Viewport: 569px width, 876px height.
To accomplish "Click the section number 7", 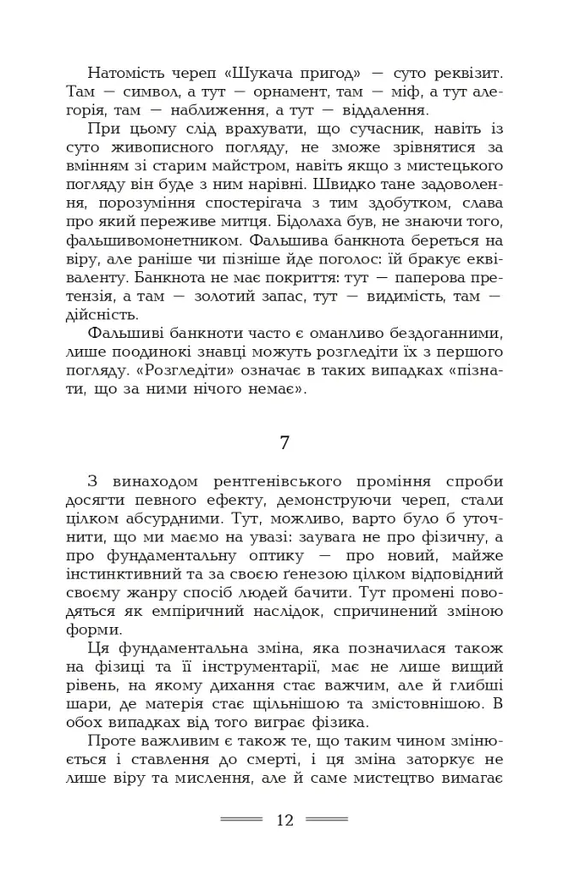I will point(285,442).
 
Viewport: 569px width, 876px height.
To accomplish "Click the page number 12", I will point(285,820).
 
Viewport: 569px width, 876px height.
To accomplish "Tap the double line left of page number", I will point(241,820).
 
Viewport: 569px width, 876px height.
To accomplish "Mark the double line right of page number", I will point(328,820).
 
